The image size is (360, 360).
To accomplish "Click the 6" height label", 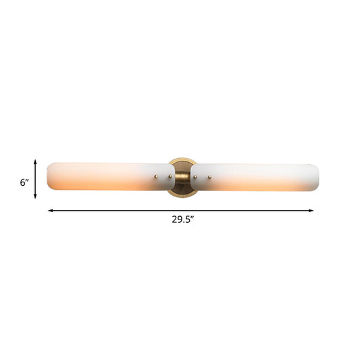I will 24,182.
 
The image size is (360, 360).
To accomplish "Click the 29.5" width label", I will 182,219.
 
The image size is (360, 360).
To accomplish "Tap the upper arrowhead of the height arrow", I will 35,161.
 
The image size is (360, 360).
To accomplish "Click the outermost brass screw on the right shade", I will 210,178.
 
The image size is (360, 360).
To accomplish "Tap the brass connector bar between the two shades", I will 182,177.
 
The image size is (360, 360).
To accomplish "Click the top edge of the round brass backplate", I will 182,159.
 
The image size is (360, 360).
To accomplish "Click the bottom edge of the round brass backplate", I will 182,195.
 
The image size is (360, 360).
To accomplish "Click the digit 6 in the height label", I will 22,182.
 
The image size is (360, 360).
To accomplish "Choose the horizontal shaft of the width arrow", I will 135,210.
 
